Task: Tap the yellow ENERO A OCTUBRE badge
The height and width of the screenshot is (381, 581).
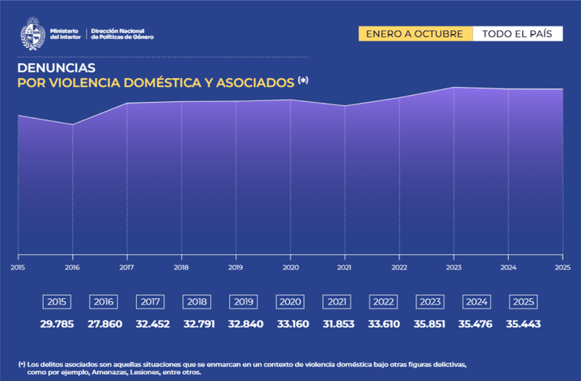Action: point(415,33)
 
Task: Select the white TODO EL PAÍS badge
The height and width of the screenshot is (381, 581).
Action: point(517,33)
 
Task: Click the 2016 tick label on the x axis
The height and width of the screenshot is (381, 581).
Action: point(72,268)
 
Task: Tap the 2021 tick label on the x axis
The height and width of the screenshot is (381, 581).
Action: point(345,268)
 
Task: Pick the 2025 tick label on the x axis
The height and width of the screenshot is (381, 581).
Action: point(562,268)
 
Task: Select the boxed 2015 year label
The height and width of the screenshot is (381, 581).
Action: point(57,302)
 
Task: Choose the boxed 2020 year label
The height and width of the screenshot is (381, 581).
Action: point(288,302)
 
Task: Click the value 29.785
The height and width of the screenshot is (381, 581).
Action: point(57,324)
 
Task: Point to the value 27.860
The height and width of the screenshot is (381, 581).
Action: point(103,324)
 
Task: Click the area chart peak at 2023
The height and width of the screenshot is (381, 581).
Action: point(454,87)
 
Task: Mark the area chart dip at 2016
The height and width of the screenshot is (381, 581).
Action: point(72,124)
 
